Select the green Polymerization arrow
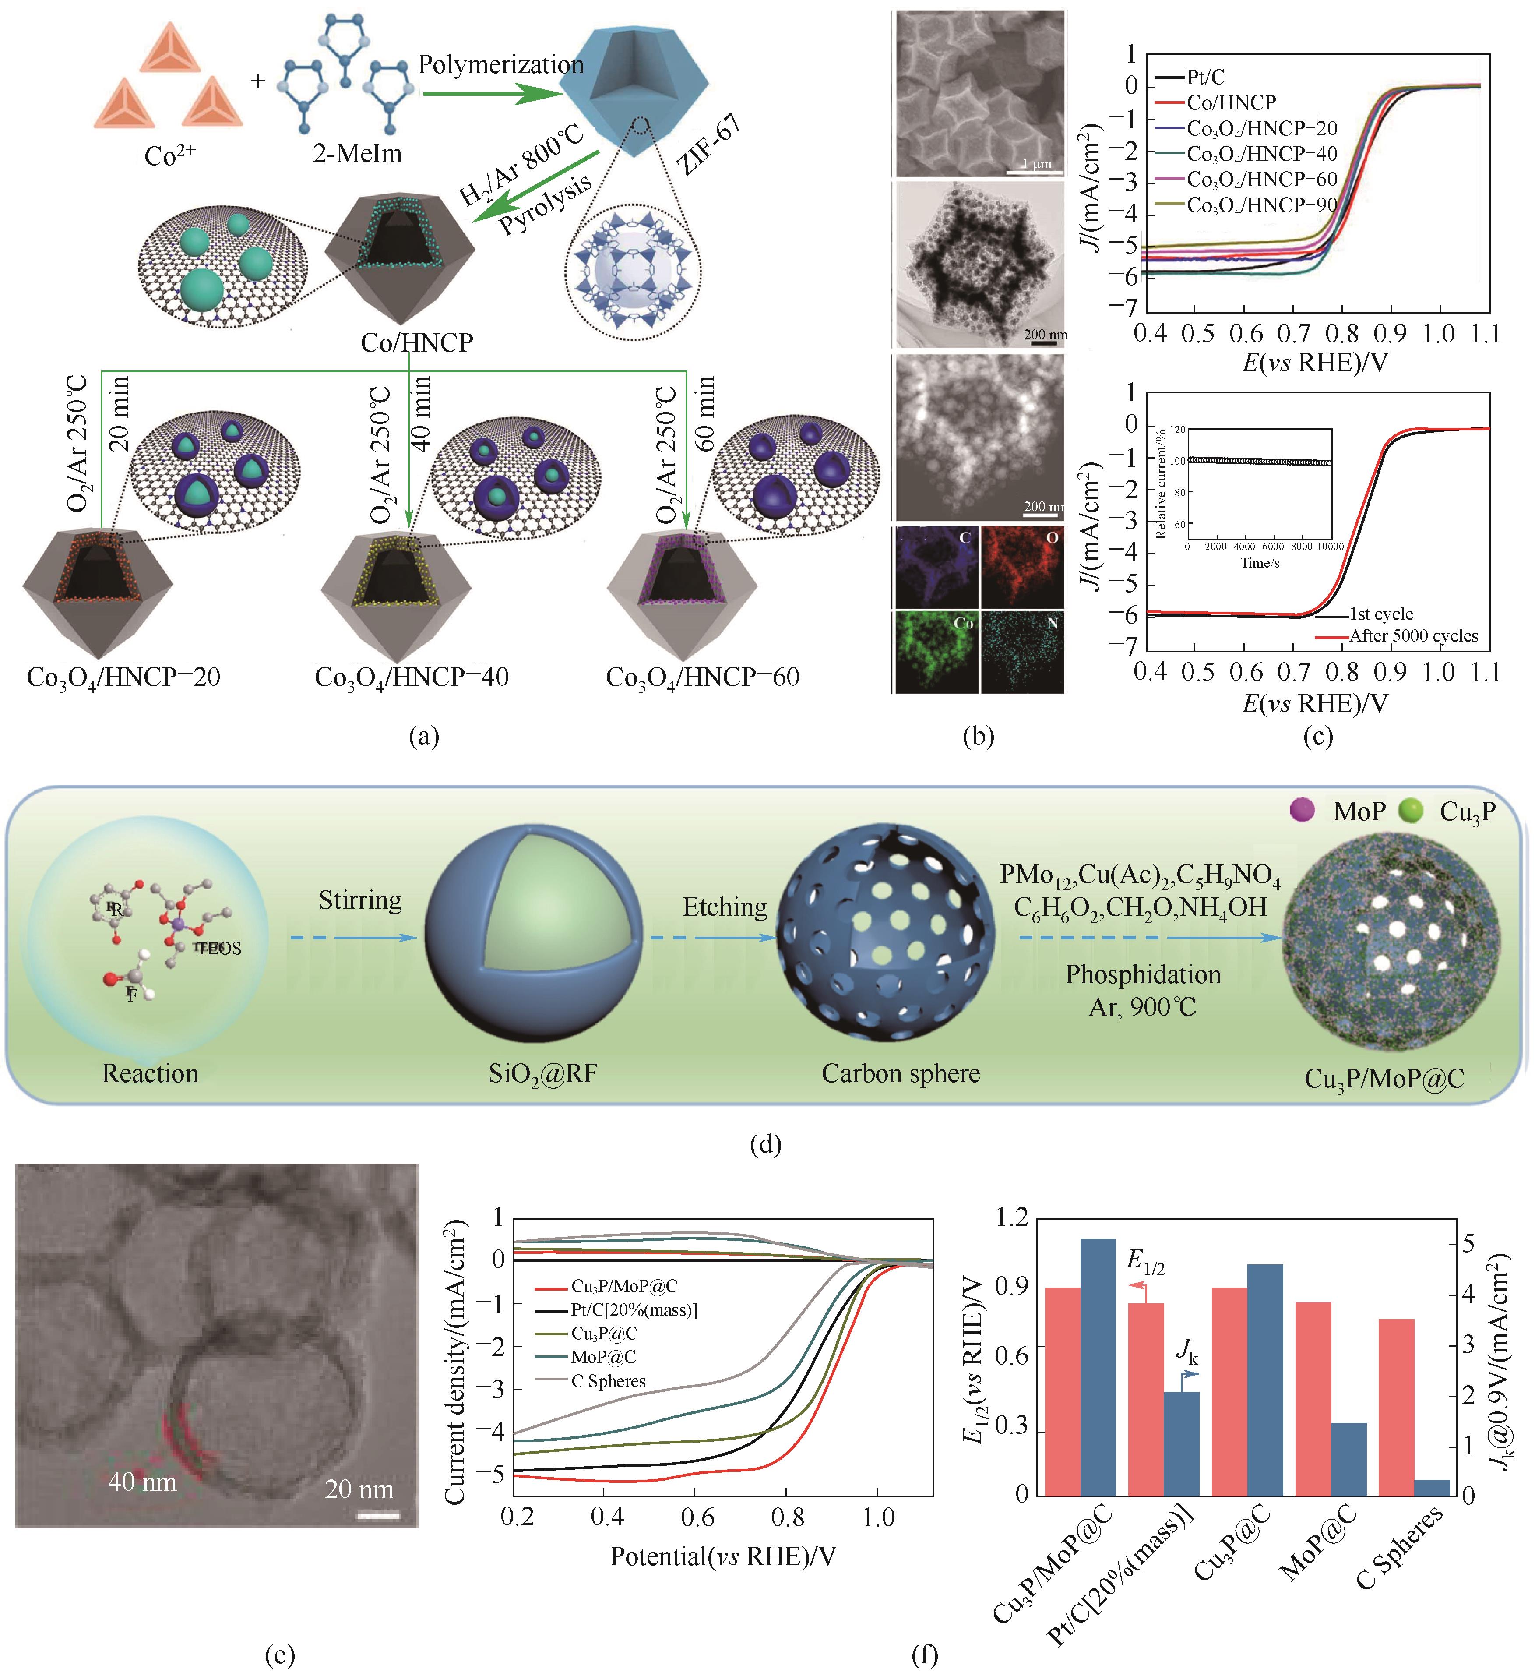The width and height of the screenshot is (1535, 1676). (x=490, y=93)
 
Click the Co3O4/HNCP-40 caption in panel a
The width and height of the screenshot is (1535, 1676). (x=412, y=677)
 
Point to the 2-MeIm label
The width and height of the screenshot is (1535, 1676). (x=357, y=153)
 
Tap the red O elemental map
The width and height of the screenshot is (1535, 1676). (x=1022, y=565)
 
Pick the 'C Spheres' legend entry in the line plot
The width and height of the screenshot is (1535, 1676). (x=608, y=1381)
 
